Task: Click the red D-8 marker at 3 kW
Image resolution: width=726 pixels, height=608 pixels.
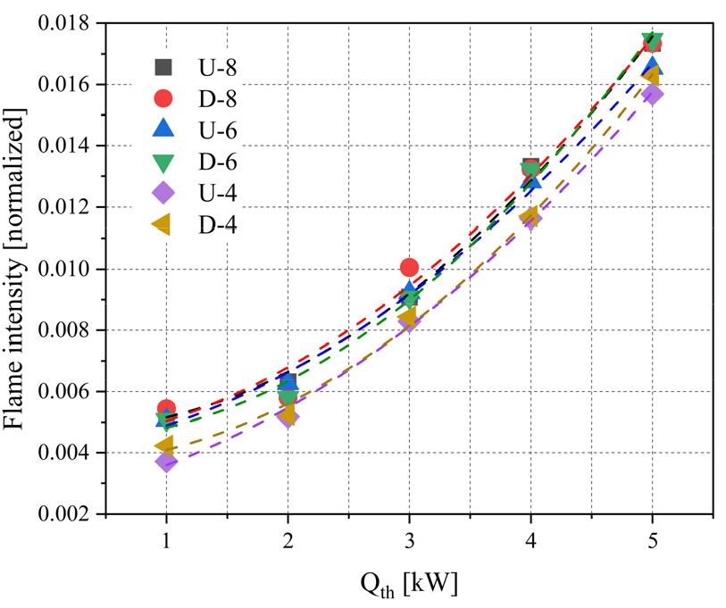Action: pyautogui.click(x=409, y=267)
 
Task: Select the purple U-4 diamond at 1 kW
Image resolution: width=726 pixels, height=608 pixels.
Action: pyautogui.click(x=166, y=462)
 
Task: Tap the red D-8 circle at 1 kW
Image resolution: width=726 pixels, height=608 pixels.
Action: pyautogui.click(x=166, y=408)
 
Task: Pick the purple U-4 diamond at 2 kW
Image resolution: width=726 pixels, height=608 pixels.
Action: pyautogui.click(x=288, y=416)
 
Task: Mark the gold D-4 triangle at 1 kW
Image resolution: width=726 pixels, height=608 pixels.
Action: pyautogui.click(x=165, y=446)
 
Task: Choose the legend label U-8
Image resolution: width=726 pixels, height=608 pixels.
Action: pyautogui.click(x=218, y=66)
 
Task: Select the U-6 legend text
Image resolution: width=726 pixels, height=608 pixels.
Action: pyautogui.click(x=218, y=130)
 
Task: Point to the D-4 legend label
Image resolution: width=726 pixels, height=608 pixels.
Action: pyautogui.click(x=218, y=225)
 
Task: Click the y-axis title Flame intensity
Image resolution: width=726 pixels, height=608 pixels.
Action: pyautogui.click(x=20, y=268)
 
